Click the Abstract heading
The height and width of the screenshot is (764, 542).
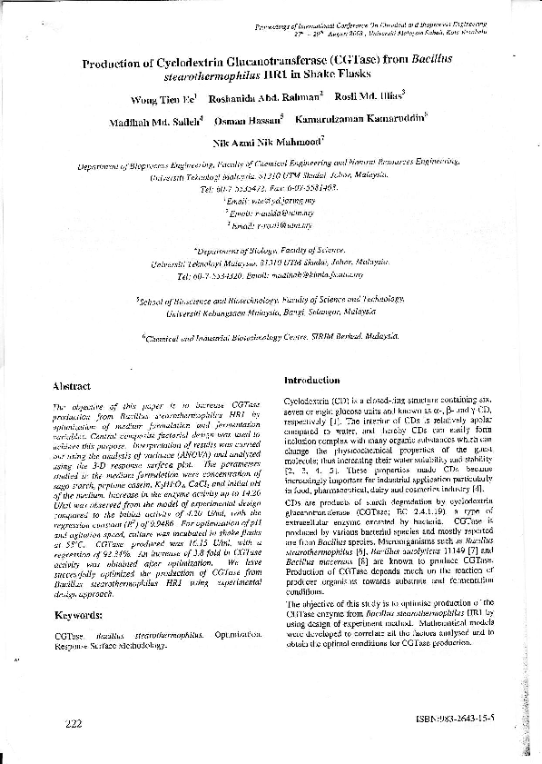72,386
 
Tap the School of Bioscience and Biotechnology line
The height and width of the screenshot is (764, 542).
271,297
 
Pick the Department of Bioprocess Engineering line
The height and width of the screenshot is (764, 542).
271,167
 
